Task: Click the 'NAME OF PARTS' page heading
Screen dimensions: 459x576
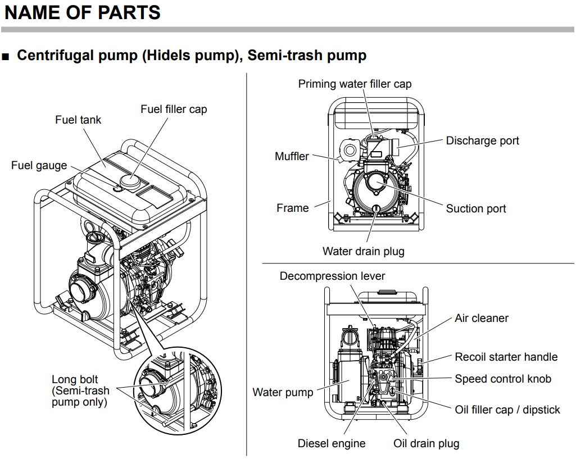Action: pos(82,12)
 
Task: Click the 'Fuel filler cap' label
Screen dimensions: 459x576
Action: pos(174,109)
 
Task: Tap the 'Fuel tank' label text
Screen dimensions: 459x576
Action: pos(78,120)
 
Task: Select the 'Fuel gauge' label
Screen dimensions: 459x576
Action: pos(39,166)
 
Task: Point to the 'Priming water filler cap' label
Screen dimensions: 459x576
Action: pos(355,84)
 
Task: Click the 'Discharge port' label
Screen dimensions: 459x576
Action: pos(482,140)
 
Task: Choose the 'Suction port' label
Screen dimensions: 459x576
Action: pos(475,209)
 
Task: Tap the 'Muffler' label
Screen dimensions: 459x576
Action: pos(292,156)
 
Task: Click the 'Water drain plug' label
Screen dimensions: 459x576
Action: pos(363,251)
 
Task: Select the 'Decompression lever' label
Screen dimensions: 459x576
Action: pos(332,276)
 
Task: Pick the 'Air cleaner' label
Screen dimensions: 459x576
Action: pos(481,318)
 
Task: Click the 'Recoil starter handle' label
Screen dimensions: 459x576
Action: pos(506,357)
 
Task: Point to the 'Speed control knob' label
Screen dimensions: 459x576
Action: pos(503,379)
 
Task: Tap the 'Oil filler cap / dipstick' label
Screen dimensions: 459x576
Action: pos(507,410)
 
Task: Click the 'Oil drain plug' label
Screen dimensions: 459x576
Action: pos(426,443)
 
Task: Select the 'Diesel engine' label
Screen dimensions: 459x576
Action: pos(331,443)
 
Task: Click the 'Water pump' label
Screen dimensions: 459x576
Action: pos(283,392)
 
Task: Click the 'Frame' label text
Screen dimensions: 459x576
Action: pos(292,208)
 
